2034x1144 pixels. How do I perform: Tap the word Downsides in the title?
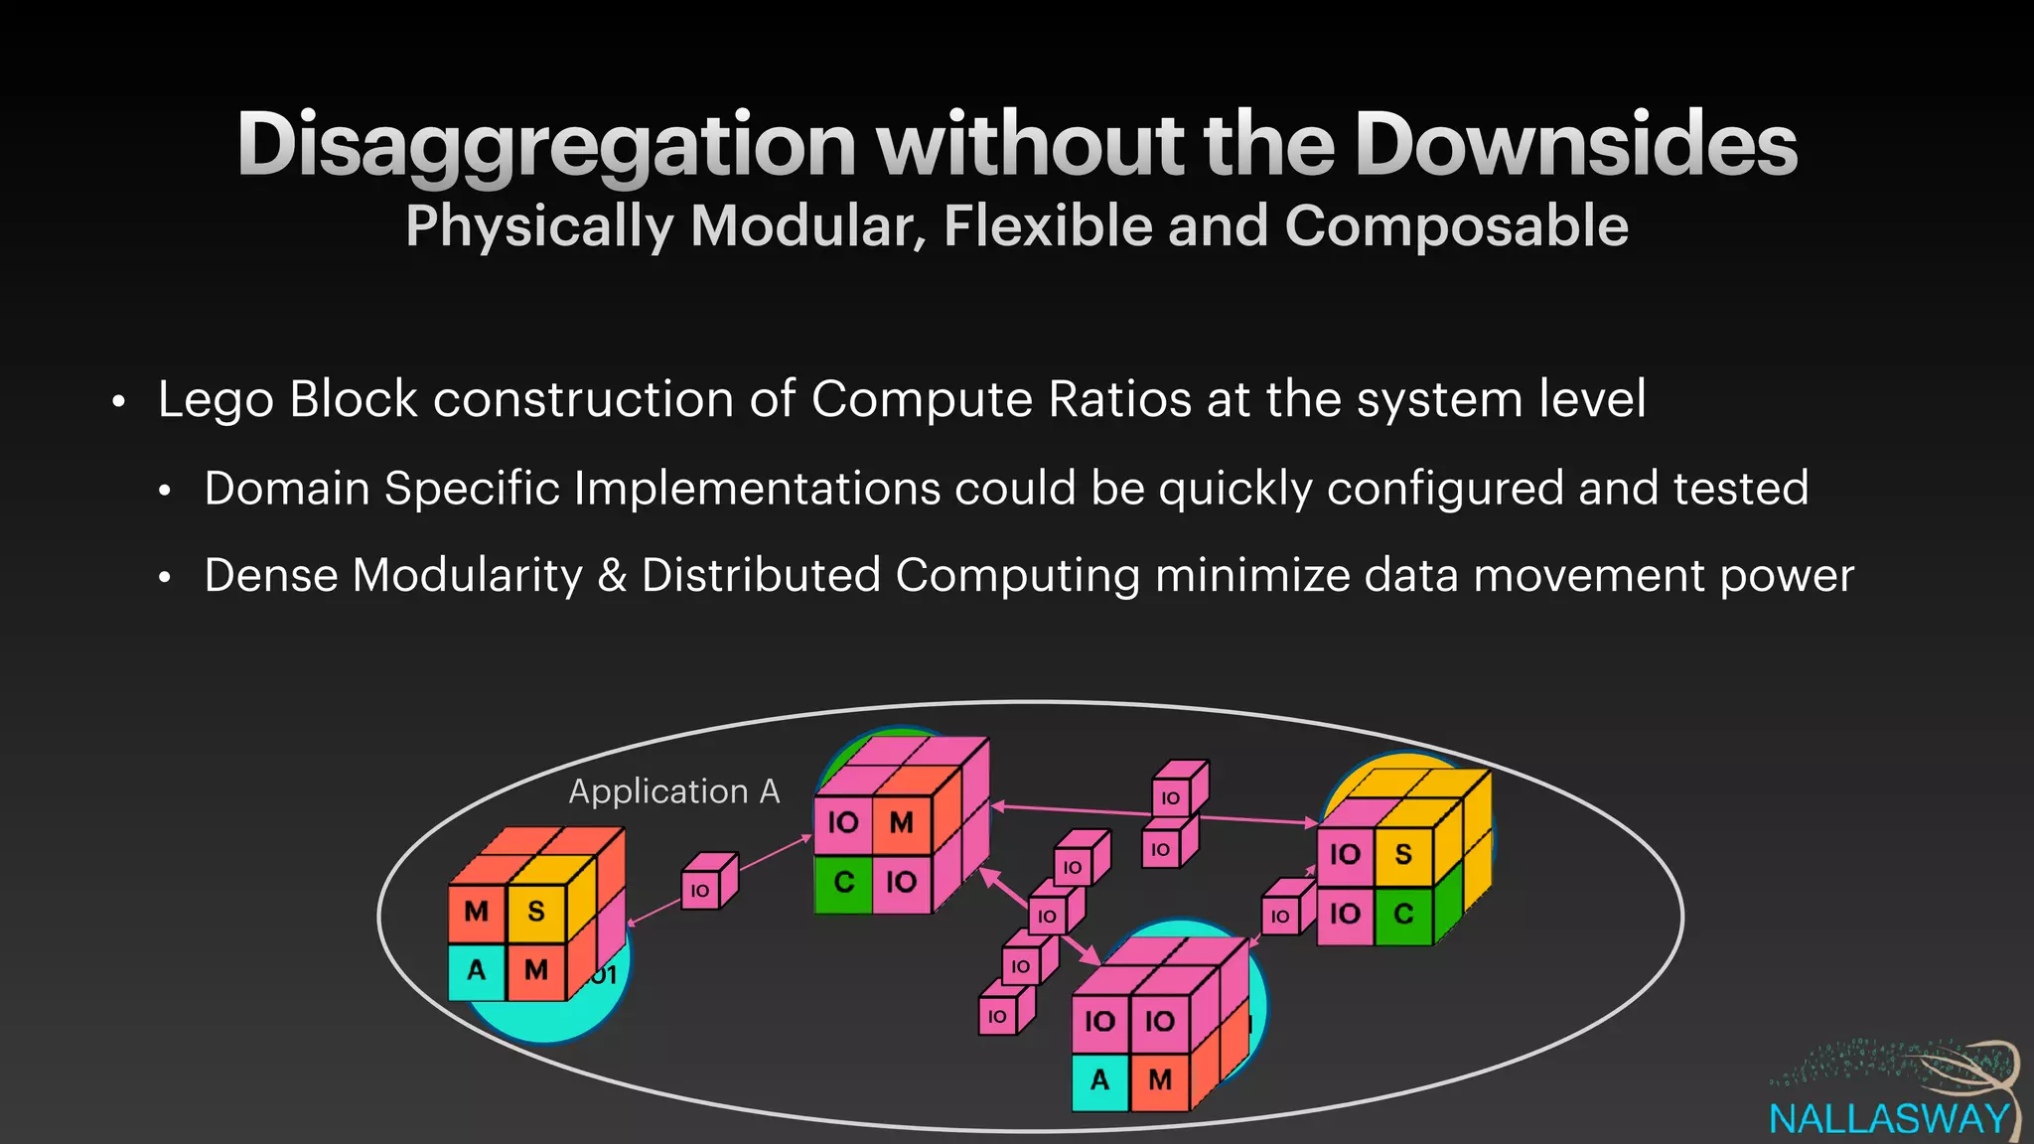point(1575,145)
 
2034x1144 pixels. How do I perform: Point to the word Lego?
point(216,400)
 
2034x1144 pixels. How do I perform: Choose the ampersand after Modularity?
point(612,576)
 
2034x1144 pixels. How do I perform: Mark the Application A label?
point(674,791)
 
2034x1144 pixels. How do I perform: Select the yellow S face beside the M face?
point(536,911)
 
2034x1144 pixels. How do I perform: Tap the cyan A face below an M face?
point(477,970)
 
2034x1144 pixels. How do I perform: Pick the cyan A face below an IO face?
point(1099,1079)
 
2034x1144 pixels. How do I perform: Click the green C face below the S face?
point(1403,914)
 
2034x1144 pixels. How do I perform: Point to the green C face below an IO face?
point(843,882)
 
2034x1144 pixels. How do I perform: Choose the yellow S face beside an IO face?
point(1403,854)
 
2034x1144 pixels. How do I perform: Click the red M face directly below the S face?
point(536,970)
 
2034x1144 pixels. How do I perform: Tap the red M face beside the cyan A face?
point(1159,1079)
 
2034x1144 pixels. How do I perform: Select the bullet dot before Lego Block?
point(119,402)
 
